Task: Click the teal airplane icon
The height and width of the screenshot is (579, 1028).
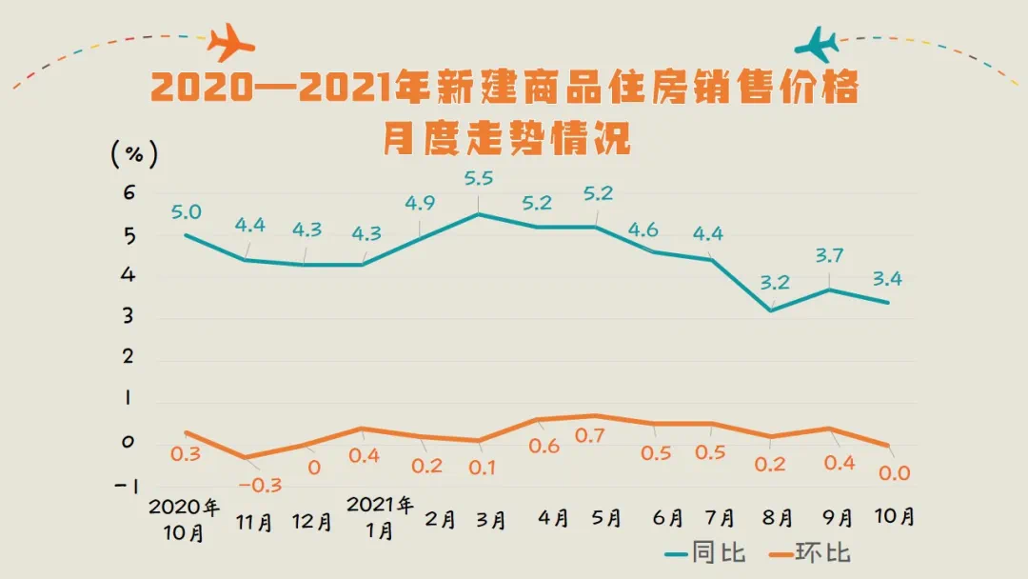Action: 818,43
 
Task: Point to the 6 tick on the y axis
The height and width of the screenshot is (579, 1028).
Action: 129,193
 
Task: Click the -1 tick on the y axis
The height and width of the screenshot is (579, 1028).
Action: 127,486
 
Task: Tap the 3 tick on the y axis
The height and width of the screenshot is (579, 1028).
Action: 129,316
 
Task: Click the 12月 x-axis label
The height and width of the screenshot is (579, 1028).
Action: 312,522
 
